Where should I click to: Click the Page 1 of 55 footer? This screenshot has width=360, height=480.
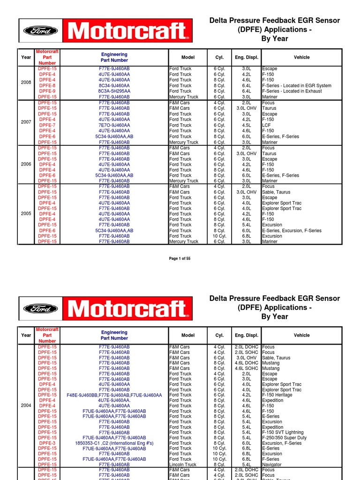(180, 258)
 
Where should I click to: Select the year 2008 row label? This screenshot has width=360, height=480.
(26, 82)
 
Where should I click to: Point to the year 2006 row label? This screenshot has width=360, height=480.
(26, 165)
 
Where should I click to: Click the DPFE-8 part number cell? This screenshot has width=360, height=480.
(47, 86)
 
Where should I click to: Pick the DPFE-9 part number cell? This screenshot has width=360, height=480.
(47, 91)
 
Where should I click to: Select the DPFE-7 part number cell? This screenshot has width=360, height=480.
(47, 125)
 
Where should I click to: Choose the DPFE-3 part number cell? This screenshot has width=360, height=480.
(47, 443)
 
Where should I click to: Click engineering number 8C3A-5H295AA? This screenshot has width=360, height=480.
(114, 91)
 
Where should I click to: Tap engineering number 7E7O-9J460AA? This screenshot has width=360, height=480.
(114, 125)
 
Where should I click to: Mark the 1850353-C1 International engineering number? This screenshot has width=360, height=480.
(114, 443)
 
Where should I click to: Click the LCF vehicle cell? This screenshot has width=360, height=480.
(267, 125)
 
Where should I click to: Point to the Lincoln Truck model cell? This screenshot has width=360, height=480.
(183, 465)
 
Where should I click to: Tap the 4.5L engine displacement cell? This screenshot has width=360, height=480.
(246, 125)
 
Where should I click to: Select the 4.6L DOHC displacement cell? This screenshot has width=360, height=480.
(246, 363)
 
